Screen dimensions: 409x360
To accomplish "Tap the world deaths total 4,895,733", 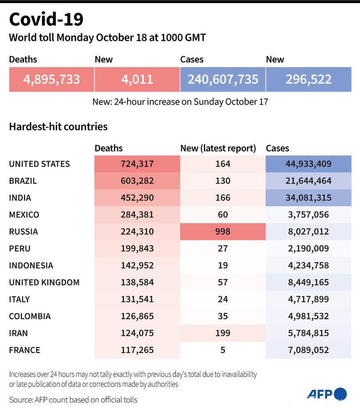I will (52, 79).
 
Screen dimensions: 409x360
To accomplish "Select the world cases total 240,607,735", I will (223, 79).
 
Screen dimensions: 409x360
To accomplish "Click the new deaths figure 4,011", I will (137, 79).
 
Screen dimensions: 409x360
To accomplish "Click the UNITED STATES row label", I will (40, 164).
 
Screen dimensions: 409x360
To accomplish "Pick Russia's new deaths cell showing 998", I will (223, 231).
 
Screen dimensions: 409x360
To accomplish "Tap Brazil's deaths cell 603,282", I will (137, 181).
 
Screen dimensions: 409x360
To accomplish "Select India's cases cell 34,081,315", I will (308, 198).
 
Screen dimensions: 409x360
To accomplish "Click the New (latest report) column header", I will (218, 148).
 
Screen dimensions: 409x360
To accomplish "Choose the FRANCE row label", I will (24, 350).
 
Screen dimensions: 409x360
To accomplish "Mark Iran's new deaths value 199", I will (223, 333).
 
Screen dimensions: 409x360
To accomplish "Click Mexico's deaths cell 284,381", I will (137, 214).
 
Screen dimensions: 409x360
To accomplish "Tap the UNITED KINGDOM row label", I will (44, 282).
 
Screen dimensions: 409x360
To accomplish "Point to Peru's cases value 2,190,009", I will (308, 248).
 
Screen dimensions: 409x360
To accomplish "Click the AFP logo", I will (326, 394).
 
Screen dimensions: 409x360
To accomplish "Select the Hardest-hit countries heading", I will (58, 127).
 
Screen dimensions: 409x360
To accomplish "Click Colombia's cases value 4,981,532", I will (308, 316).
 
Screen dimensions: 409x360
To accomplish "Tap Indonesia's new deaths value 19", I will (223, 266).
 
